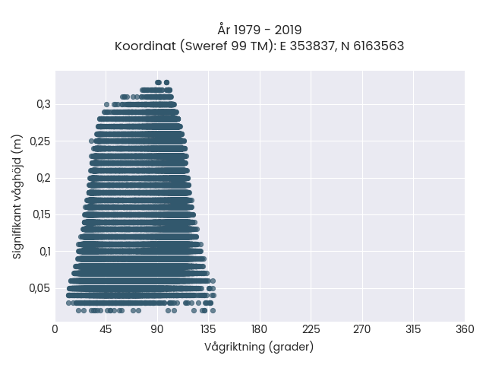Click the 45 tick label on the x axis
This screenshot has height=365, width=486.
(x=106, y=329)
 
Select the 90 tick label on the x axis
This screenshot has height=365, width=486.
(x=157, y=329)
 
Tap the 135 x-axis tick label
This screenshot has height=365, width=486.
(x=208, y=329)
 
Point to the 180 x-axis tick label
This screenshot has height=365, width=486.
(x=259, y=329)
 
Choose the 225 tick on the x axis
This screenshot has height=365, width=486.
(x=311, y=329)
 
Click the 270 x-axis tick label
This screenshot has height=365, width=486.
(x=362, y=329)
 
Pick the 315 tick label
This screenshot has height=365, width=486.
(x=413, y=329)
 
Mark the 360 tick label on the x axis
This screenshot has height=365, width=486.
(x=465, y=329)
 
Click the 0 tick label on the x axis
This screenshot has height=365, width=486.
(x=55, y=329)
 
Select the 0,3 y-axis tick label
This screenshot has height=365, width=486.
(x=44, y=104)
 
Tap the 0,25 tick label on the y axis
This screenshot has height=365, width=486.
(x=40, y=141)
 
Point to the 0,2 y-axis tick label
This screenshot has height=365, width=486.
(x=44, y=178)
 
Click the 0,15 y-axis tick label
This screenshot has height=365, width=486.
(x=42, y=214)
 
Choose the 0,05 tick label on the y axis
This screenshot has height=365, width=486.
(x=39, y=288)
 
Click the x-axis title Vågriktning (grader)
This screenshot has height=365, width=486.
(x=259, y=347)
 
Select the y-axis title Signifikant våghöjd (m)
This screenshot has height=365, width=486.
(x=17, y=196)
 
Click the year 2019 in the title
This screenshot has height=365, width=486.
(x=288, y=30)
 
